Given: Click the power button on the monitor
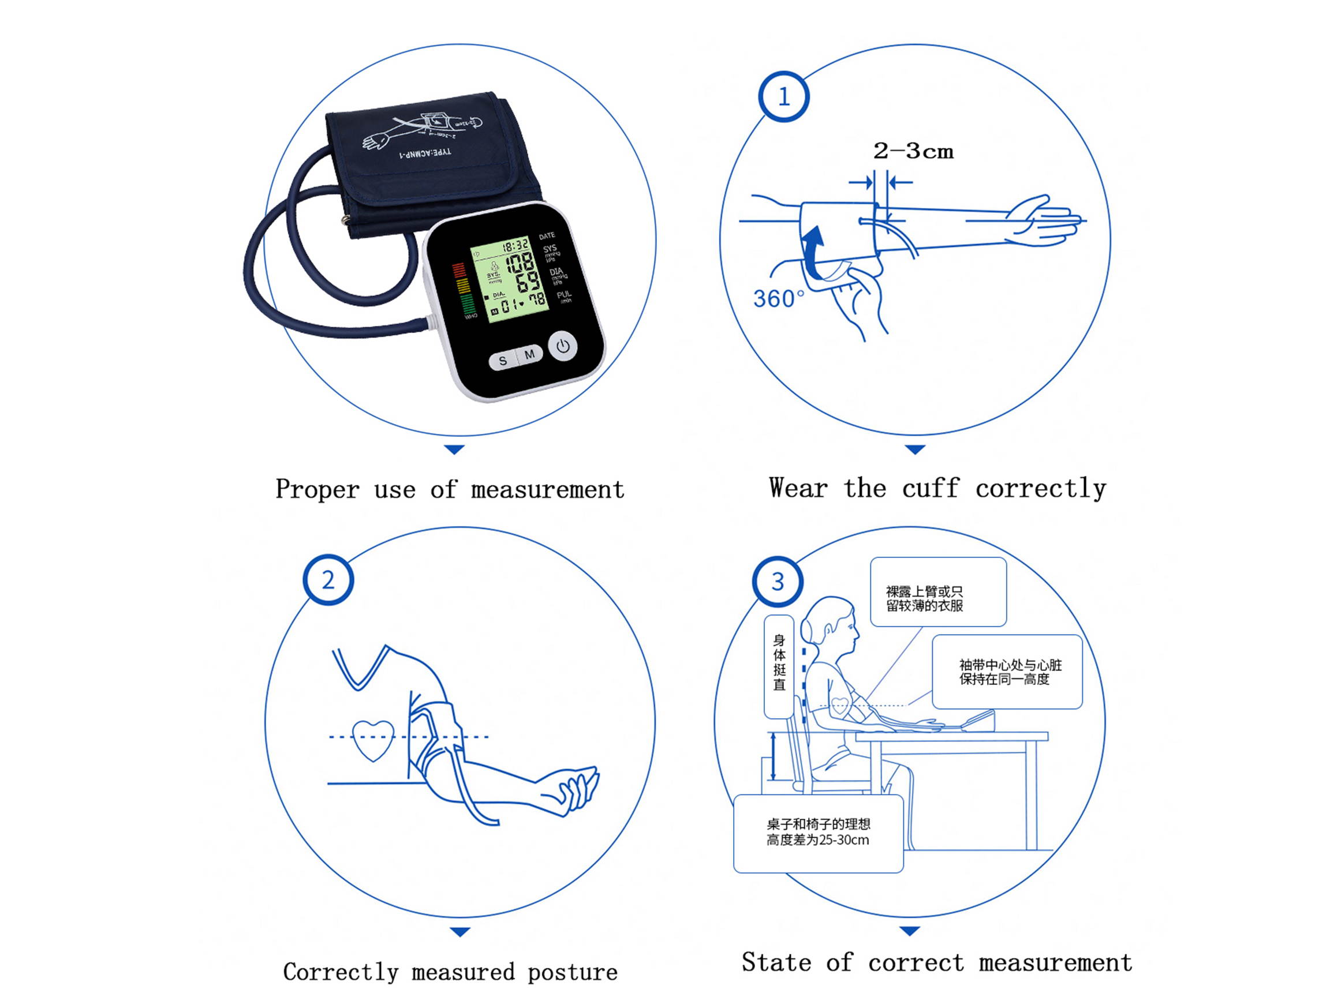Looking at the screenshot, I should [563, 347].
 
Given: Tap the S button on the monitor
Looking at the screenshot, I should [503, 361].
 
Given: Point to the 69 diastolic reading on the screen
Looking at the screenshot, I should [528, 282].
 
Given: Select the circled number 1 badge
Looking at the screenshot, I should [783, 97].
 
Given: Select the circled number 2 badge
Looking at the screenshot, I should [328, 580].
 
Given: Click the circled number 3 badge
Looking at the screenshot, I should [778, 582].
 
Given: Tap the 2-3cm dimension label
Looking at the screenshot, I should [913, 151].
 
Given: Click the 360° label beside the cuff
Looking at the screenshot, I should [778, 299].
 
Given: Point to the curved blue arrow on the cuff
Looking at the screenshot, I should [813, 252].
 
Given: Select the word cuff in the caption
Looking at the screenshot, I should [929, 488].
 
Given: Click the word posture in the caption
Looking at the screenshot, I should [573, 972].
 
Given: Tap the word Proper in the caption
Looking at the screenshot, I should [317, 490].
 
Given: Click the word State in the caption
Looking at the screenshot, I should [776, 962].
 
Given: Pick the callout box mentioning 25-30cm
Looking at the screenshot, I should [818, 833].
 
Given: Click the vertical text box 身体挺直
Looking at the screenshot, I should [779, 666].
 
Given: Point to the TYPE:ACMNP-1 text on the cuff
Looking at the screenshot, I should [425, 154].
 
